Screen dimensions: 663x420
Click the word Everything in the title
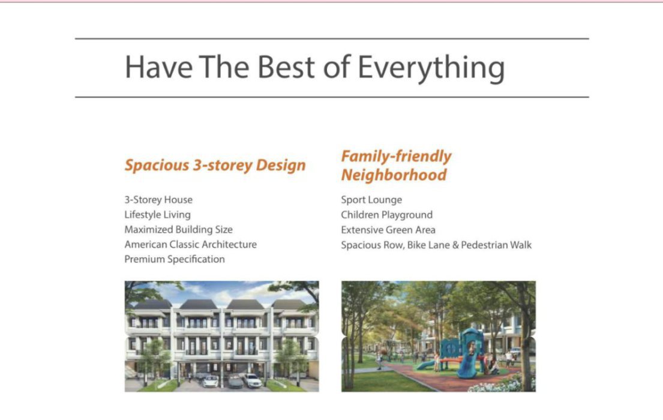coord(431,68)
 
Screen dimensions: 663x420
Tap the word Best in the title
coord(286,67)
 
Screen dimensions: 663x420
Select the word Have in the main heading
coord(158,67)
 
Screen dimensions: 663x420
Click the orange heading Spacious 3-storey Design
coord(215,165)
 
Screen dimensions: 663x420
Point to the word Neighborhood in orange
coord(394,175)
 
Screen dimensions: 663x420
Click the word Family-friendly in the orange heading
coord(396,156)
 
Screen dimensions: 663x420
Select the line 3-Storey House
coord(158,200)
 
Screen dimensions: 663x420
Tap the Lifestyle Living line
coord(158,215)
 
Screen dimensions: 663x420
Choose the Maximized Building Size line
coord(178,230)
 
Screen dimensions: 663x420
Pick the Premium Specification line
coord(175,259)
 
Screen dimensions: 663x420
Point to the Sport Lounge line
coord(371,200)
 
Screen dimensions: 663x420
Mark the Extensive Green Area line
coord(388,230)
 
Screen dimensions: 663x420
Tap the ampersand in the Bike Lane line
coord(455,245)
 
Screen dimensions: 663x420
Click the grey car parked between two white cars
coord(235,382)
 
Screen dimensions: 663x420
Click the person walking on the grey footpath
coord(379,362)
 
